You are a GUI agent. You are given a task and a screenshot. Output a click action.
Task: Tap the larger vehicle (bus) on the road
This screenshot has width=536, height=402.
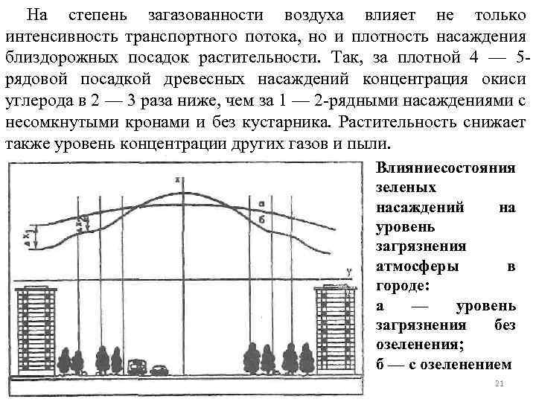pos(137,367)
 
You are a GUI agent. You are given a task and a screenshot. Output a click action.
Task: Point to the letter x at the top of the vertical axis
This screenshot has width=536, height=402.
pos(177,179)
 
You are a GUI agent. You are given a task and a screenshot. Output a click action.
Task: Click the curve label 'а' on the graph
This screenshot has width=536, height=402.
pos(261,202)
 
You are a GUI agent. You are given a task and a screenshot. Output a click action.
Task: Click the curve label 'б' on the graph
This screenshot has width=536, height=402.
pos(262,219)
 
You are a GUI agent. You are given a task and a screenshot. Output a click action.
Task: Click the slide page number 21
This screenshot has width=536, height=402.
pos(500,383)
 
